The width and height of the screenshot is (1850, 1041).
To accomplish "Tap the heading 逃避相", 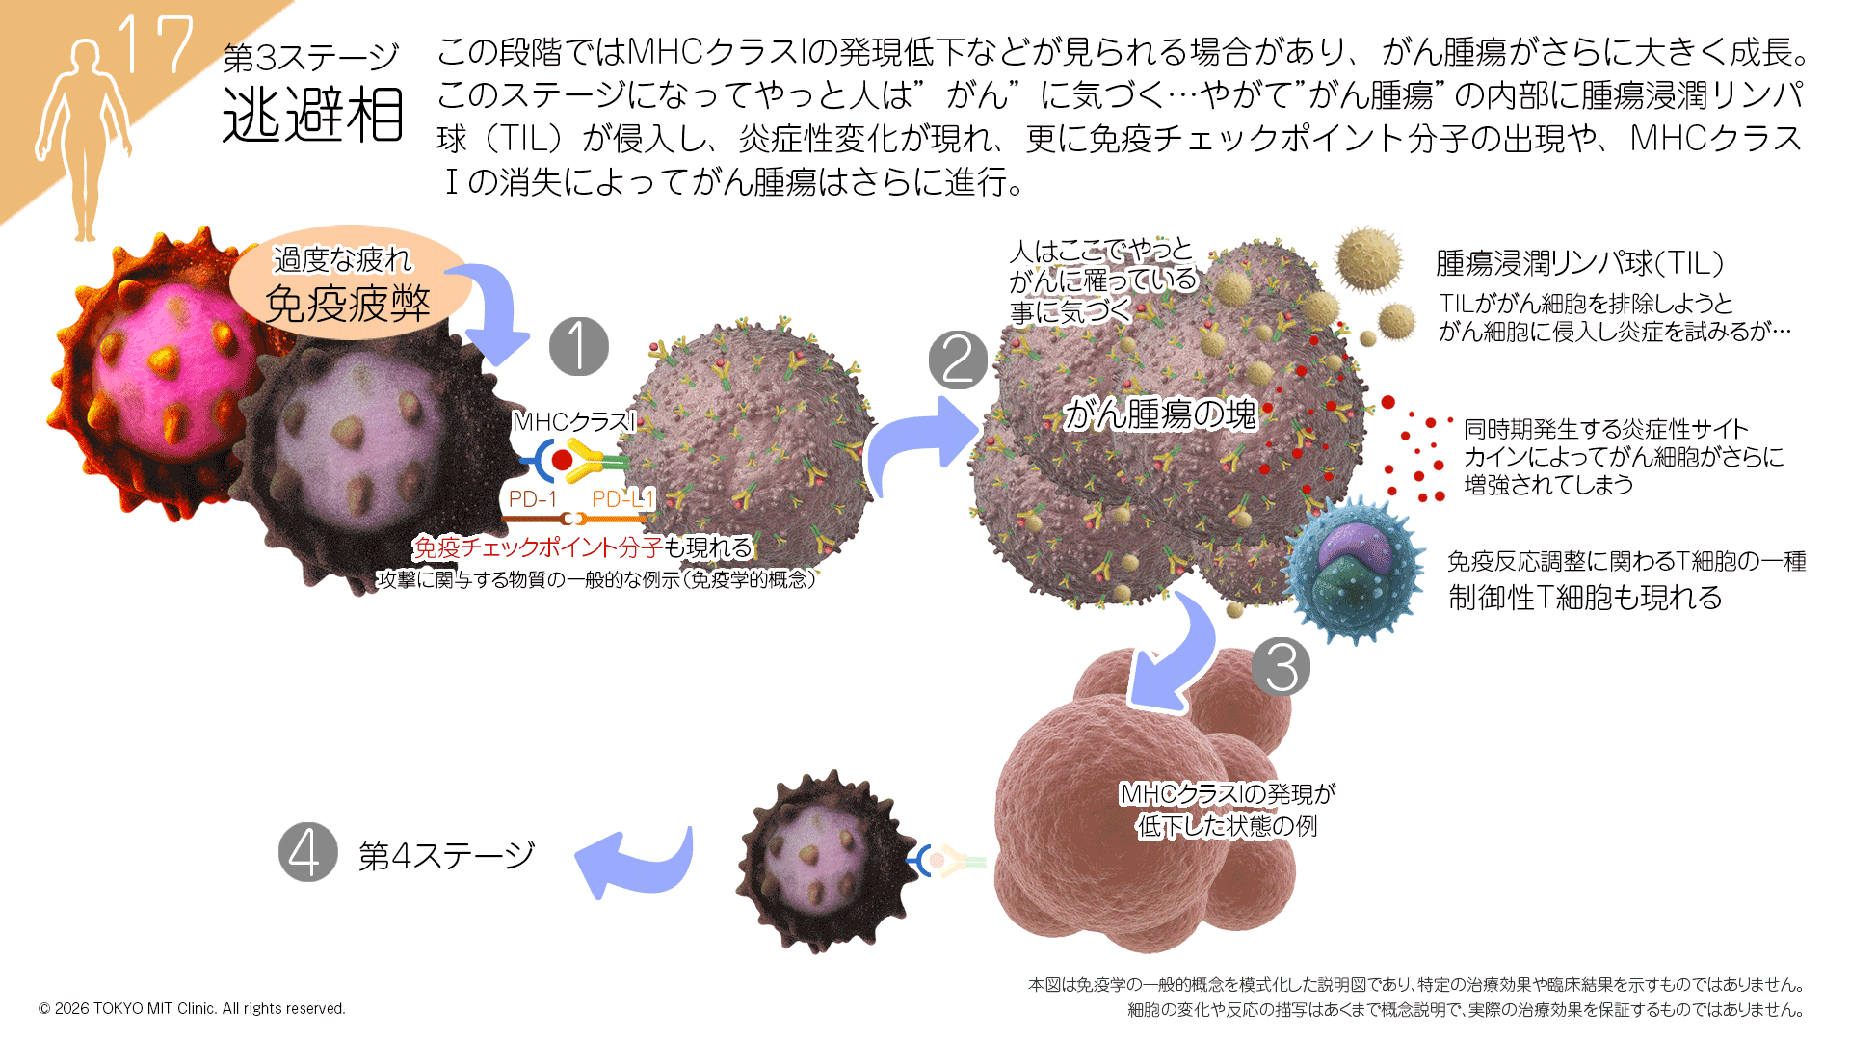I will tap(312, 116).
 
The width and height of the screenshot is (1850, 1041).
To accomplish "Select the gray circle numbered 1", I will tap(578, 347).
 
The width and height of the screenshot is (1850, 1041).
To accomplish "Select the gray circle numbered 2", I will tap(958, 360).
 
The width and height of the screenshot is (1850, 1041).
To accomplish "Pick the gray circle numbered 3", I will tap(1281, 667).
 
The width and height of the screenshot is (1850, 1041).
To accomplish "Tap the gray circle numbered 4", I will tap(307, 852).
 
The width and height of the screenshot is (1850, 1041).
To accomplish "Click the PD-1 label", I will tap(532, 498).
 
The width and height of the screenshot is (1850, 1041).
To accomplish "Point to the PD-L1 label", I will tap(622, 498).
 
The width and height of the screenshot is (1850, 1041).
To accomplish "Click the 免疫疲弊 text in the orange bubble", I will tap(347, 304).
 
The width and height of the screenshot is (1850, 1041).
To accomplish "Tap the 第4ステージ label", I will tap(446, 855).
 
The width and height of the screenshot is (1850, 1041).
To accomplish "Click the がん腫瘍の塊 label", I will tap(1160, 414).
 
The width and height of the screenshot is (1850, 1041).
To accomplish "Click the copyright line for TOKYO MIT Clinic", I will tap(192, 1008).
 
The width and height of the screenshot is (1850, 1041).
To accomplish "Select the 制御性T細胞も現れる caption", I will tap(1585, 598).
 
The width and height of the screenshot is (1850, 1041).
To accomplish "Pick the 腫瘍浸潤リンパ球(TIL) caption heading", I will tap(1579, 262).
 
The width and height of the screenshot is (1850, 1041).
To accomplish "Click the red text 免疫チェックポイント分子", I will tap(538, 547).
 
